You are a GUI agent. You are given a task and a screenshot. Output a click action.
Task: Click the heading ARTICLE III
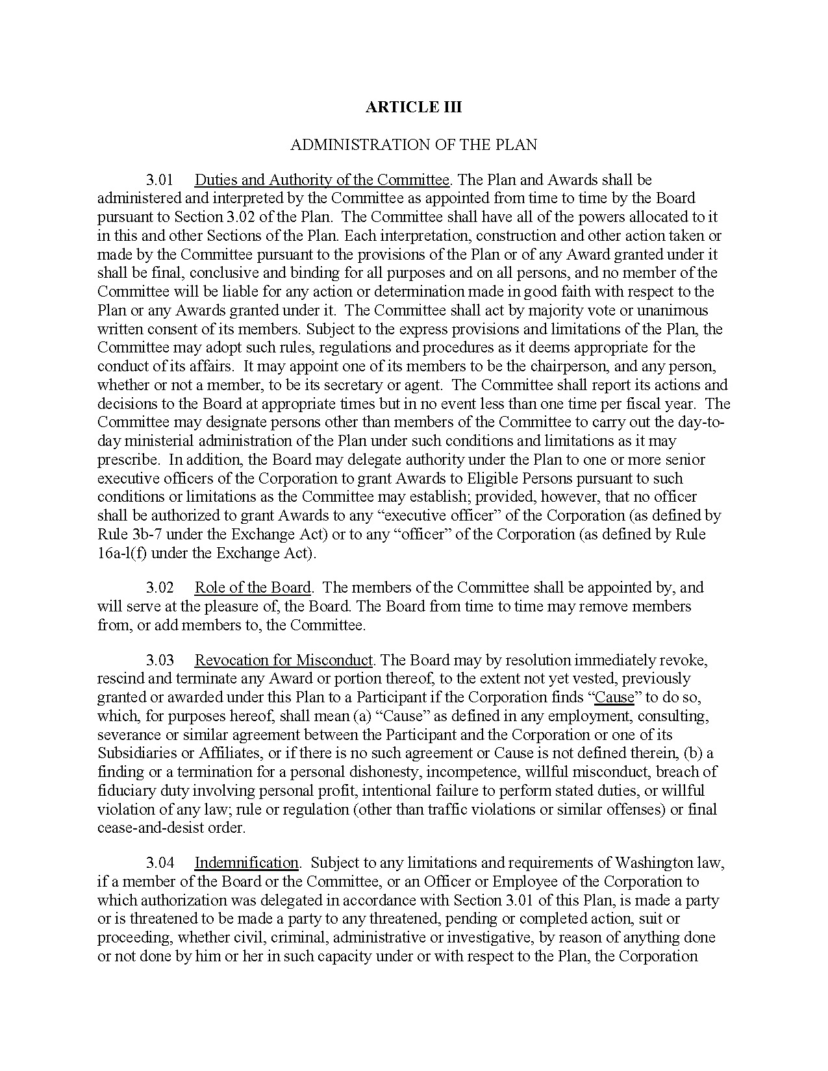point(413,107)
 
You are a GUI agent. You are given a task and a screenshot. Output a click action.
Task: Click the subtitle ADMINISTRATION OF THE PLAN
point(413,144)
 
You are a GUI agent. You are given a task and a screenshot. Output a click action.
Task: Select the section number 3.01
point(160,180)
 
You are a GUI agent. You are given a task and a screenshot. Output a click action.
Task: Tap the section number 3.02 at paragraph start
point(160,587)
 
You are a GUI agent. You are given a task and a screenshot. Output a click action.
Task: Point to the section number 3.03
point(160,660)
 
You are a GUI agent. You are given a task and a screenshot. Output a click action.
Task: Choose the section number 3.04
point(160,863)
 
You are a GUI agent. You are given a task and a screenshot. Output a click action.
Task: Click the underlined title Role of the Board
point(253,587)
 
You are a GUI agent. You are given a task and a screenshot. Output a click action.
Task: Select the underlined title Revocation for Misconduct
point(284,660)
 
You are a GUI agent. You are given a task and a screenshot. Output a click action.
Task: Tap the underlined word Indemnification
point(246,863)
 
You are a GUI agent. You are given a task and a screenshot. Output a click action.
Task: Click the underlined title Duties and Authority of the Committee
point(322,180)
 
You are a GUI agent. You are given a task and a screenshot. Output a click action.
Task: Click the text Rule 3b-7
point(128,535)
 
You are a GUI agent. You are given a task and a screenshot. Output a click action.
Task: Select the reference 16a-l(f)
point(122,554)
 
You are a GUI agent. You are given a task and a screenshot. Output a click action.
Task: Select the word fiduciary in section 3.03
point(123,791)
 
